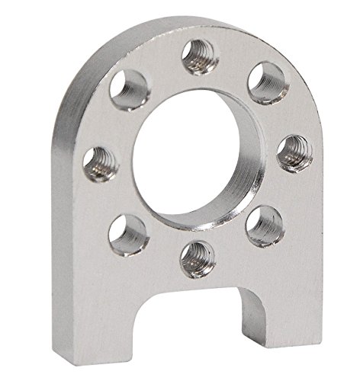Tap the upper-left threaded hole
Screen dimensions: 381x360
(x=130, y=89)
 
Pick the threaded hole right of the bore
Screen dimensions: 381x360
(x=294, y=152)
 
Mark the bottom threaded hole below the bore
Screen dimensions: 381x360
(x=197, y=258)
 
